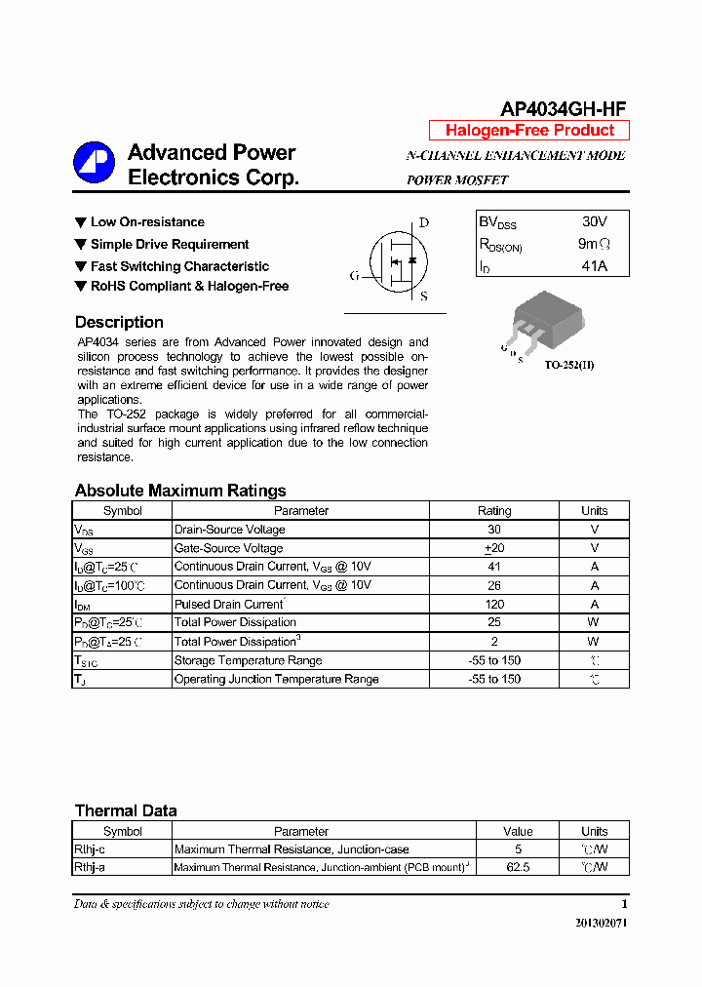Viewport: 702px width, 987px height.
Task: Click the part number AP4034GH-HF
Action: coord(563,109)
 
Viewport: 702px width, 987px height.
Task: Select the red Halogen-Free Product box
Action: coord(529,131)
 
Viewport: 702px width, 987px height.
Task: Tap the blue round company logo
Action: coord(94,163)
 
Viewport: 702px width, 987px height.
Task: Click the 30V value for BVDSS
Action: coord(594,221)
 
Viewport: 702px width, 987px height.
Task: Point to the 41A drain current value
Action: coord(594,265)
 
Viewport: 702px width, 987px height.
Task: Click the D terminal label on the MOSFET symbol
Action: coord(424,222)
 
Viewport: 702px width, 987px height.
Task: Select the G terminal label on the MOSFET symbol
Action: coord(354,276)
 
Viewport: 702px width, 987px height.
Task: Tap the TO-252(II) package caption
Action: coord(568,365)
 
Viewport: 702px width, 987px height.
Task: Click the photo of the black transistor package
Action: coord(545,320)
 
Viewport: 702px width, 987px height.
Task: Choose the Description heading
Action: coord(119,323)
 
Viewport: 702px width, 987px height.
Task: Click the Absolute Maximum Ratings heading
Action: coord(180,491)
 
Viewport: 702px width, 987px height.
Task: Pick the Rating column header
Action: coord(493,510)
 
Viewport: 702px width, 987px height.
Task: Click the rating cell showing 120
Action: coord(493,604)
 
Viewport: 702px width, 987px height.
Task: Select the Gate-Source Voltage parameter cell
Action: coord(230,548)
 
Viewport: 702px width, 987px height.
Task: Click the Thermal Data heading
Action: coord(126,810)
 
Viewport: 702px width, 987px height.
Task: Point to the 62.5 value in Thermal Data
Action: coord(518,866)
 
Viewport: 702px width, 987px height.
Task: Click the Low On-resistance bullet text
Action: coord(147,222)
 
